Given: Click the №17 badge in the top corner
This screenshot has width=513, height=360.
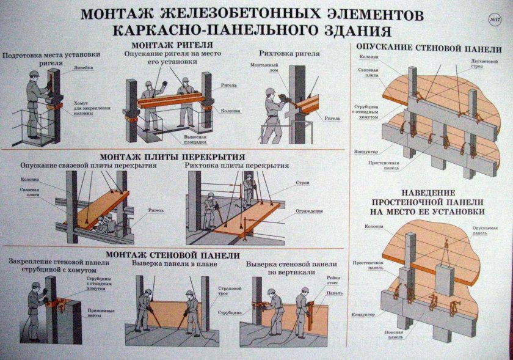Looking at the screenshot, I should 495,21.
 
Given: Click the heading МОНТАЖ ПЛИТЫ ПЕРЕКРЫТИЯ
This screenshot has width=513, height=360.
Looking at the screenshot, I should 176,156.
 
